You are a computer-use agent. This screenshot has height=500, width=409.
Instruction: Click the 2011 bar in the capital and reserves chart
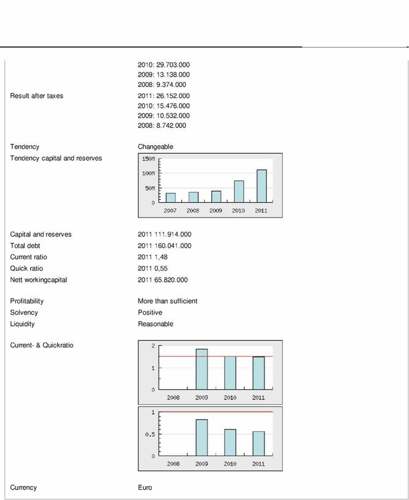pos(261,186)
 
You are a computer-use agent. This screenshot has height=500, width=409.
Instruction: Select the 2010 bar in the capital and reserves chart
pos(239,191)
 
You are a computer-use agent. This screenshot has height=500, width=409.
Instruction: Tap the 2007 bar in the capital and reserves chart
pos(171,197)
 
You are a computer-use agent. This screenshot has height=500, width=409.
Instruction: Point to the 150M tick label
pos(148,159)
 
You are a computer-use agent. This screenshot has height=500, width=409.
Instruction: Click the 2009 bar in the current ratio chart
pos(201,369)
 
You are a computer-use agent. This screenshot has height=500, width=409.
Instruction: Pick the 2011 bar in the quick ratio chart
pos(259,444)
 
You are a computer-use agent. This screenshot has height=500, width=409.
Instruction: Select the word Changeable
pos(156,147)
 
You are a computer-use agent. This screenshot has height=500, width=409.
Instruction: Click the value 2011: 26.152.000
pos(163,96)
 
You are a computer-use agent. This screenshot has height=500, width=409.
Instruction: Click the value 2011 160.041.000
pos(165,246)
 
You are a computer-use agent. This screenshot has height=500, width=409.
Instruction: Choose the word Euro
pos(144,488)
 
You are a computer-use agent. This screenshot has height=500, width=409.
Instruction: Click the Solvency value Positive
pos(150,312)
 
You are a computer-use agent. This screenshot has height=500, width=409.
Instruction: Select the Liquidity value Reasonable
pos(156,324)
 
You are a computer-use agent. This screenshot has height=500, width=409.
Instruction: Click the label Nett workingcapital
pos(39,280)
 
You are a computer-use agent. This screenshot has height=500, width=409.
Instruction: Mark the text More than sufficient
pos(167,301)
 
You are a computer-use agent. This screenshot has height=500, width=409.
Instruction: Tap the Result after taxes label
pos(37,96)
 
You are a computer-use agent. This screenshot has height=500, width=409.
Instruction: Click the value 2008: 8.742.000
pos(162,126)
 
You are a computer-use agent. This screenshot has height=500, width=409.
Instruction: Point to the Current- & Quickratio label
pos(42,346)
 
